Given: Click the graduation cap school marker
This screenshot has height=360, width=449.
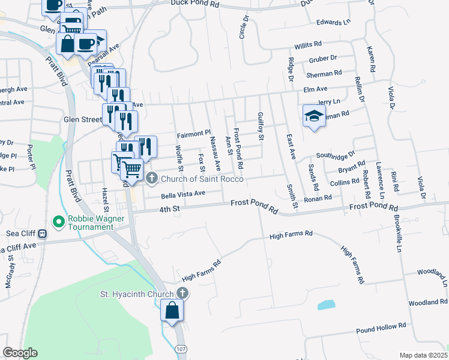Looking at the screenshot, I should click(313, 116).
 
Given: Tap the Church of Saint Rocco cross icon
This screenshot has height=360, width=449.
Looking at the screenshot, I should click(152, 177).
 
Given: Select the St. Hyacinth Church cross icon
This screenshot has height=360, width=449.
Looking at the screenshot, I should click(183, 293).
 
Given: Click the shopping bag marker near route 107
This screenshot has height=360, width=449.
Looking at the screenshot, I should click(172, 310).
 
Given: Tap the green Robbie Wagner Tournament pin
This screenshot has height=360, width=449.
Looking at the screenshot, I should click(59, 222).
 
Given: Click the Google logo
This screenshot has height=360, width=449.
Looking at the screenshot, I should click(20, 353).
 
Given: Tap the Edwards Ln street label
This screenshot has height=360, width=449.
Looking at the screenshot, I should click(333, 23).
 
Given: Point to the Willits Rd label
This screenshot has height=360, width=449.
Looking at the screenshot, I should click(308, 45).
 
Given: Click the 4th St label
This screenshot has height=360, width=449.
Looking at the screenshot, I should click(169, 209).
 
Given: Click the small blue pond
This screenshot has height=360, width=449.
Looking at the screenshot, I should click(326, 305).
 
